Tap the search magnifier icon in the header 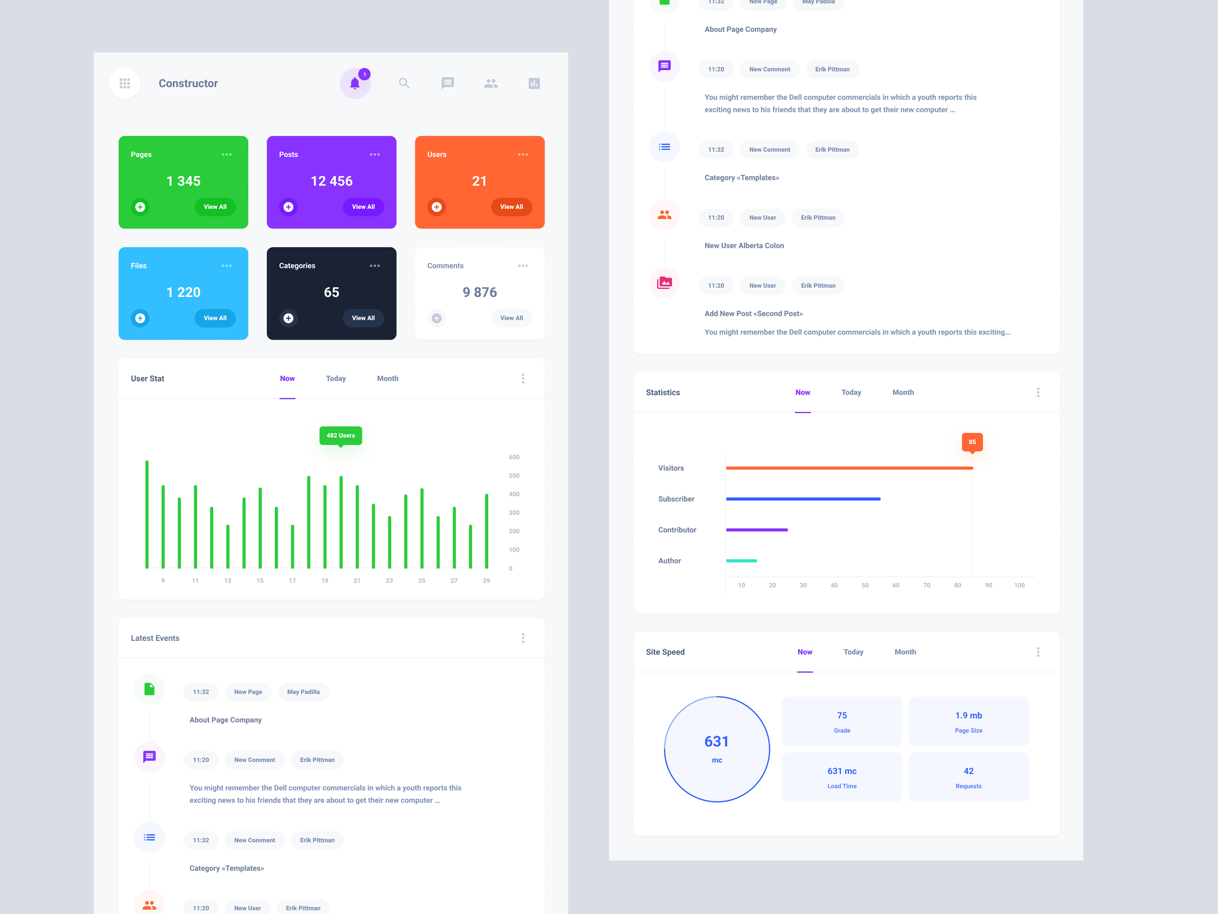coord(404,83)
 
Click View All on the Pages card coord(215,207)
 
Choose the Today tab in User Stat coord(335,379)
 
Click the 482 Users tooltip coord(340,436)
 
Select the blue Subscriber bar coord(803,499)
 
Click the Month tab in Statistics coord(902,392)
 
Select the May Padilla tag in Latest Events coord(303,692)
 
